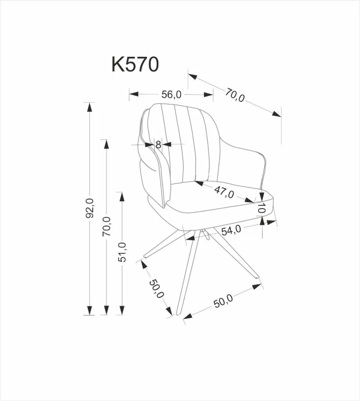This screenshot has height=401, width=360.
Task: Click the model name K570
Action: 135,65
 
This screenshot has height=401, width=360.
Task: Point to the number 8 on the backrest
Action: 158,144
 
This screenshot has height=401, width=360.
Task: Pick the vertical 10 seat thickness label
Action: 262,209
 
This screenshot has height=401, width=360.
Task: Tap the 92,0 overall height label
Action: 90,208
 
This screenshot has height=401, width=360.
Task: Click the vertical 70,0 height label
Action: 106,226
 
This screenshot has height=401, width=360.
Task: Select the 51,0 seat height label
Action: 122,252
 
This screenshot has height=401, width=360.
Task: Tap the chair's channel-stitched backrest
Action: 181,141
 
